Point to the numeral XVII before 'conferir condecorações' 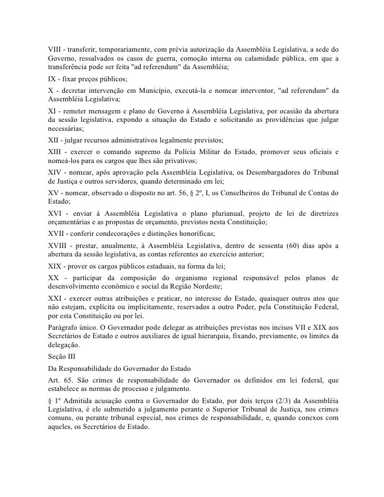point(52,233)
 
